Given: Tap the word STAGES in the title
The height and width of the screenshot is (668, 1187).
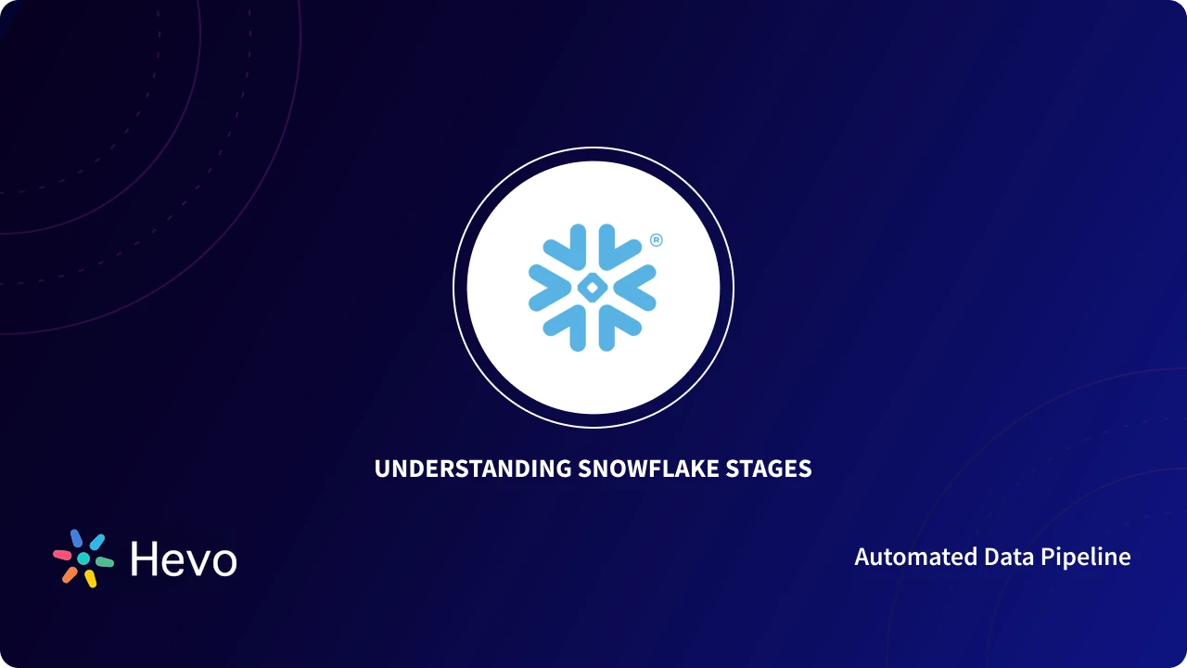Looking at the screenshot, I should (769, 469).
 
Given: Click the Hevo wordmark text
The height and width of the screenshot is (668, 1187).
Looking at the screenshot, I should (184, 559).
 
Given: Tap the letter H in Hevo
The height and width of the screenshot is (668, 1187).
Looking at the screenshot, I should (144, 559).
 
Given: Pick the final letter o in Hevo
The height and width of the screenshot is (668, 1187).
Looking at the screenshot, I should (223, 562).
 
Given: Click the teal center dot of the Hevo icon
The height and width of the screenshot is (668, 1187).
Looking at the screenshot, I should (83, 559).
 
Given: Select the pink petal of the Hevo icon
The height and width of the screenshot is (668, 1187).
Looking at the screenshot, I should (62, 554).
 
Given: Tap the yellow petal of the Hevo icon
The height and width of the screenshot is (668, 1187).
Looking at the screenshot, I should (90, 579).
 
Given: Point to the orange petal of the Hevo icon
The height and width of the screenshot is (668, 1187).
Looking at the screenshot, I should (70, 574).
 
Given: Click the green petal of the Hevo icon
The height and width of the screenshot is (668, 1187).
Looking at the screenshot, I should (105, 562).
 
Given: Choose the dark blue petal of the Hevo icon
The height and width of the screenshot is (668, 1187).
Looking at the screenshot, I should (77, 538).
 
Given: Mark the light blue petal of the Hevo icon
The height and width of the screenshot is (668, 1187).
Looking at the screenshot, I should (96, 542).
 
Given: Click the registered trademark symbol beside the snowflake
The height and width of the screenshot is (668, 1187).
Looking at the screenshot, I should (657, 240).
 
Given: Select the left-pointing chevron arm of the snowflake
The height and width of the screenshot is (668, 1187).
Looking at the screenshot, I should (545, 288).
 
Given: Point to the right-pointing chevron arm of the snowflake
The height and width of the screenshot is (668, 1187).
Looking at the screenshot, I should (640, 288).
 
